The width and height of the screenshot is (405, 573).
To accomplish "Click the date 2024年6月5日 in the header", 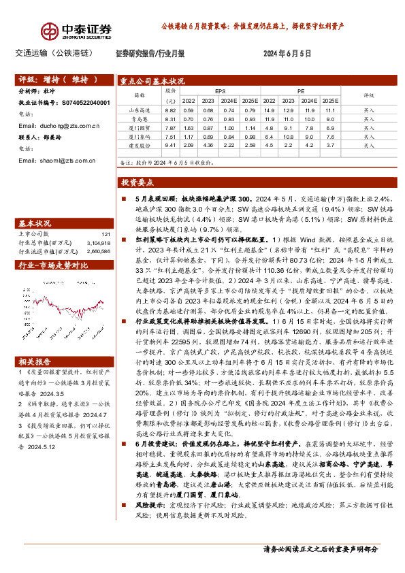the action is (x=286, y=52).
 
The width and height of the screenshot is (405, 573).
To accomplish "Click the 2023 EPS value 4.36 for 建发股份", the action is (x=209, y=145).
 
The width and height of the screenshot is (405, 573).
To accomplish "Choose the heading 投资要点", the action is (x=137, y=183).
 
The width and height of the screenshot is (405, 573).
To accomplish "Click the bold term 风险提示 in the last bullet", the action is (x=140, y=525).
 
